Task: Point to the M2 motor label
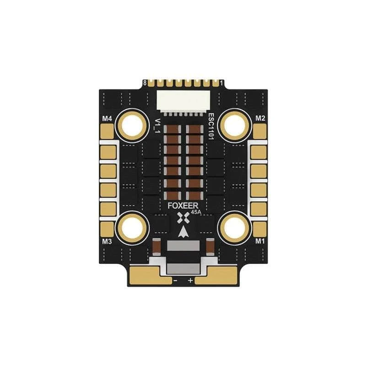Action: [260, 118]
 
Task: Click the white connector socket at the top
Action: [183, 99]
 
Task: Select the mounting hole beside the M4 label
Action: [133, 124]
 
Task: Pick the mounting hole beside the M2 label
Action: [234, 124]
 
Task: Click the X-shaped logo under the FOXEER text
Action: [184, 218]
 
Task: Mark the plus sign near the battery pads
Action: [191, 280]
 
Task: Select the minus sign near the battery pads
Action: [176, 280]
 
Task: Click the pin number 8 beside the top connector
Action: [145, 83]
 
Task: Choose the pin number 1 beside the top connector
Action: [221, 83]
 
